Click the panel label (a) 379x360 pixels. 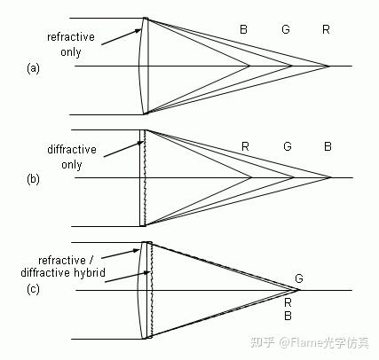(33, 67)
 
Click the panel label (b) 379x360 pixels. (33, 179)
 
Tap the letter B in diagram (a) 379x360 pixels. (244, 30)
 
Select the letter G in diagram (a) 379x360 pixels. (286, 30)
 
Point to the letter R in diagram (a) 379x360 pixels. (327, 30)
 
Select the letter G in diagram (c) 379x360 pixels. (298, 278)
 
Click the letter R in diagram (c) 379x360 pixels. (288, 302)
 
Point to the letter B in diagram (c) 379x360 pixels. (288, 316)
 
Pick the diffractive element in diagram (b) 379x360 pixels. (142, 178)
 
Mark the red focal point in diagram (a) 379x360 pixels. (329, 67)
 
